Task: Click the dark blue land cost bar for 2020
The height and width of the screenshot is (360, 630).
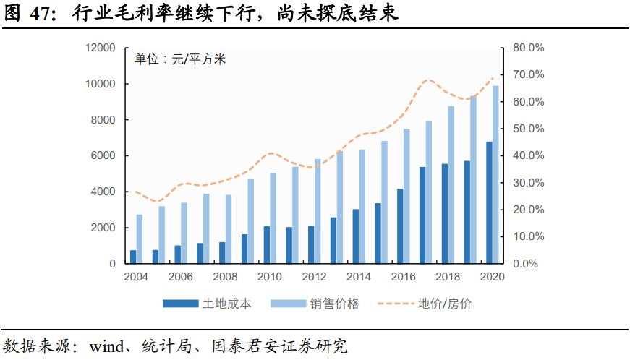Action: click(489, 203)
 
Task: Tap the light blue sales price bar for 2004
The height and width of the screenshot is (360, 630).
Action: click(140, 239)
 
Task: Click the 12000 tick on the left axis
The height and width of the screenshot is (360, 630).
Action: click(101, 48)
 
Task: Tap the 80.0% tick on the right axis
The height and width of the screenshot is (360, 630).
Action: click(528, 48)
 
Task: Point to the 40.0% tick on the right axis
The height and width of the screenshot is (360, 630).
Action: click(528, 156)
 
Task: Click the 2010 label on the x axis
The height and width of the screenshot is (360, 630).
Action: click(270, 278)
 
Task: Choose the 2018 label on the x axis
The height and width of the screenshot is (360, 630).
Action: click(448, 278)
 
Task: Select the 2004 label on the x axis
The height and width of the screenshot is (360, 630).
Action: click(136, 278)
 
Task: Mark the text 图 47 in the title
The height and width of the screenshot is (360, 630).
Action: click(30, 13)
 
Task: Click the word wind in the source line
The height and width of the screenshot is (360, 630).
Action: click(106, 345)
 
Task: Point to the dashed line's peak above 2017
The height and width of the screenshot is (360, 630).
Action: click(428, 80)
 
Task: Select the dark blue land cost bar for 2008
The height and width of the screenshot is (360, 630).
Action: click(222, 253)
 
